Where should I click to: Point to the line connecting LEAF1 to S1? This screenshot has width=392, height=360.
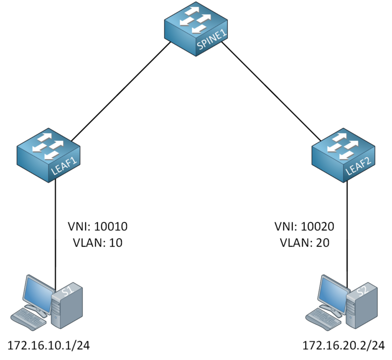55,229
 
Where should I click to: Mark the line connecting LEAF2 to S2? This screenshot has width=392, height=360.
348,229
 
